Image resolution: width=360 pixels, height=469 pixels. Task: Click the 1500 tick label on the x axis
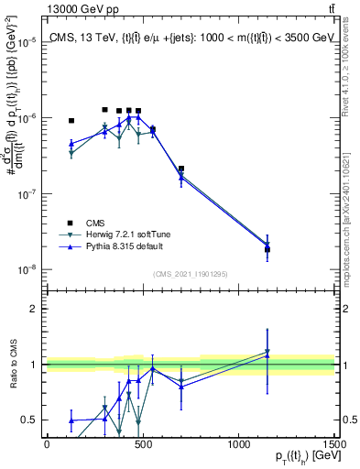click(x=334, y=444)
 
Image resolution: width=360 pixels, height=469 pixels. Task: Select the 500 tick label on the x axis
click(x=142, y=444)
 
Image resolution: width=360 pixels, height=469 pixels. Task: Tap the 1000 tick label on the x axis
click(x=238, y=444)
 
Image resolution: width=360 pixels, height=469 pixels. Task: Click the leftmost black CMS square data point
click(x=71, y=120)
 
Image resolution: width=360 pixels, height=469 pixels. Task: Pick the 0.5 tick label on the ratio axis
click(x=29, y=420)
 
